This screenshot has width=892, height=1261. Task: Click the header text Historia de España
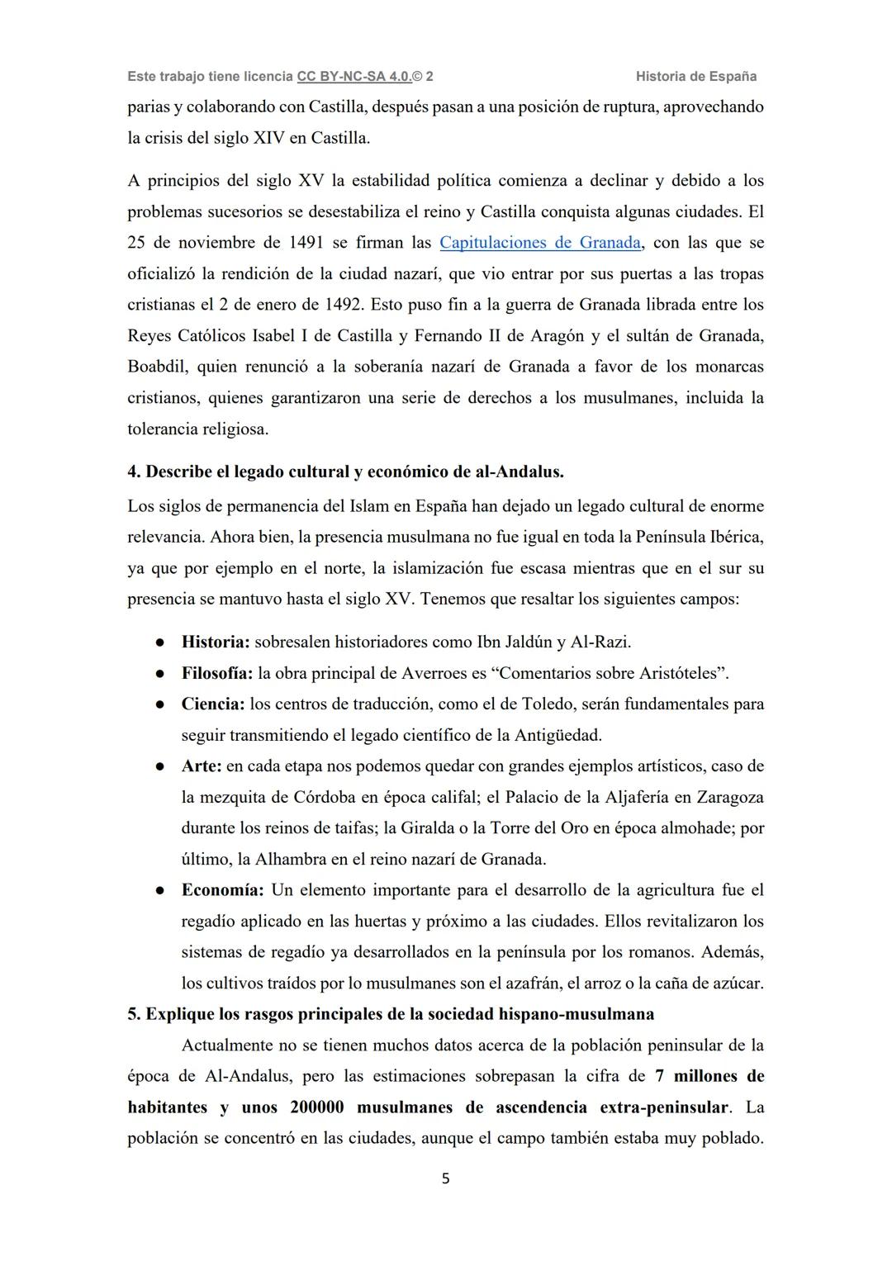696,76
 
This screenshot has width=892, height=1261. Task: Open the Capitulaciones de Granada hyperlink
540,243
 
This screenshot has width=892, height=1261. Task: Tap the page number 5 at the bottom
446,1179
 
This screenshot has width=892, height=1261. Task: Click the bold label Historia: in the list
216,642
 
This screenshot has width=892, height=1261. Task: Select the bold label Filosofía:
217,673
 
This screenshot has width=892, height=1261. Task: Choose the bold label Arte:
202,766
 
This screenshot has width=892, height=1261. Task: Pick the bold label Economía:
222,890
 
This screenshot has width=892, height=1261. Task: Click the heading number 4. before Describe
134,472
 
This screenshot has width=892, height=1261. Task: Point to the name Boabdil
156,367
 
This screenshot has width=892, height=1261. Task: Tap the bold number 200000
317,1107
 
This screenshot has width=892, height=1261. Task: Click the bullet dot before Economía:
160,891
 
